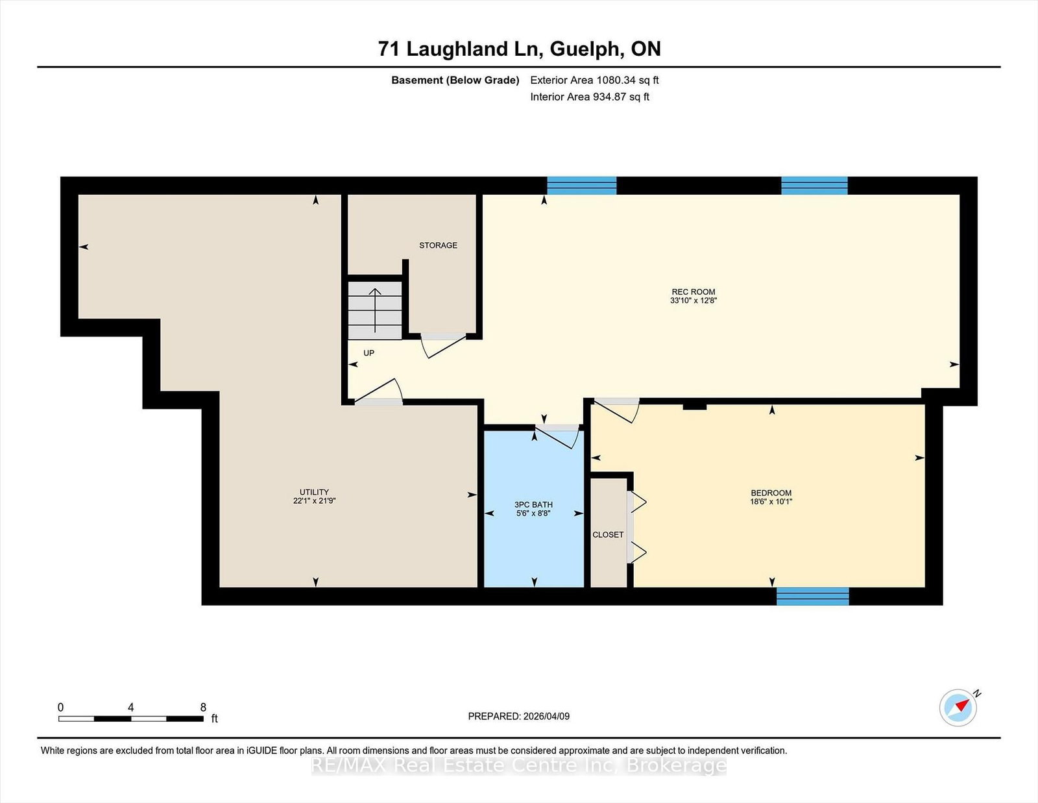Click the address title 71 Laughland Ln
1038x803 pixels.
point(519,49)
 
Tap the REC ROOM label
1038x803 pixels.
point(693,292)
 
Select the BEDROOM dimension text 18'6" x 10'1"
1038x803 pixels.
point(771,502)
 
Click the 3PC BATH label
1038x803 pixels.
point(533,504)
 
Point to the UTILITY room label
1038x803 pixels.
point(314,492)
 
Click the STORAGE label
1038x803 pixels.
point(438,245)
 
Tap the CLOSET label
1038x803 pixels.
point(608,535)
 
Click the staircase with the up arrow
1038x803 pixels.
point(375,310)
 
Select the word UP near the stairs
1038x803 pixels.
point(368,353)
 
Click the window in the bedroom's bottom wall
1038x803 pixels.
point(813,596)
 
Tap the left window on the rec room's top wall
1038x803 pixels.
point(581,186)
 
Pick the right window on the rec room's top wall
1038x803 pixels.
point(814,186)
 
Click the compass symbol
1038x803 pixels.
point(958,708)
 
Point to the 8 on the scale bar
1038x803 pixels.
point(203,708)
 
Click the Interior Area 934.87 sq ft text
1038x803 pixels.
point(590,97)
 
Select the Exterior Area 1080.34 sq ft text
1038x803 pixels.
point(594,80)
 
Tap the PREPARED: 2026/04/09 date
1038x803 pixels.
point(519,716)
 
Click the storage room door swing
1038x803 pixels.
point(444,345)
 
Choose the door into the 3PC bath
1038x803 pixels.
point(557,436)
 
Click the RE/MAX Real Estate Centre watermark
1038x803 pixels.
point(519,766)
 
